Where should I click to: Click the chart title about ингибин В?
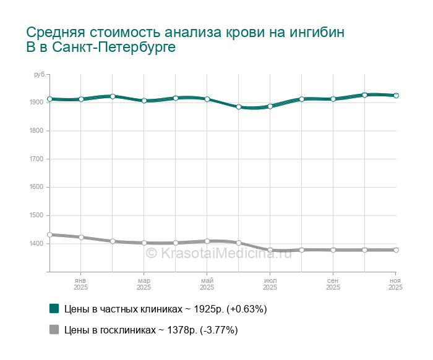point(186,40)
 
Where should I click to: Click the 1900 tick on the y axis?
point(36,103)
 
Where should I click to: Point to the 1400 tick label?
point(36,244)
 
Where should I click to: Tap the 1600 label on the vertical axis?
point(36,187)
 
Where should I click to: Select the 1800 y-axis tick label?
point(36,131)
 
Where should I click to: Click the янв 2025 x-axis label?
point(80,284)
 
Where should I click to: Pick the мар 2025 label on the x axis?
point(144,284)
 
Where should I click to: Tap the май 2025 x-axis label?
point(207,284)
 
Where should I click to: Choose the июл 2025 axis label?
point(270,284)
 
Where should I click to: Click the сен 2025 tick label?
point(333,284)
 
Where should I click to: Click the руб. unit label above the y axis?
point(40,75)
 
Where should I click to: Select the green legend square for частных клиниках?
point(54,308)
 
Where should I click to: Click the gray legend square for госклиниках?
point(54,330)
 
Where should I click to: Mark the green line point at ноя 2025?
point(396,96)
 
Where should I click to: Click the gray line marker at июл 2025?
point(270,250)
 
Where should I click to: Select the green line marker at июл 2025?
point(270,106)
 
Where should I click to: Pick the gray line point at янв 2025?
point(80,237)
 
